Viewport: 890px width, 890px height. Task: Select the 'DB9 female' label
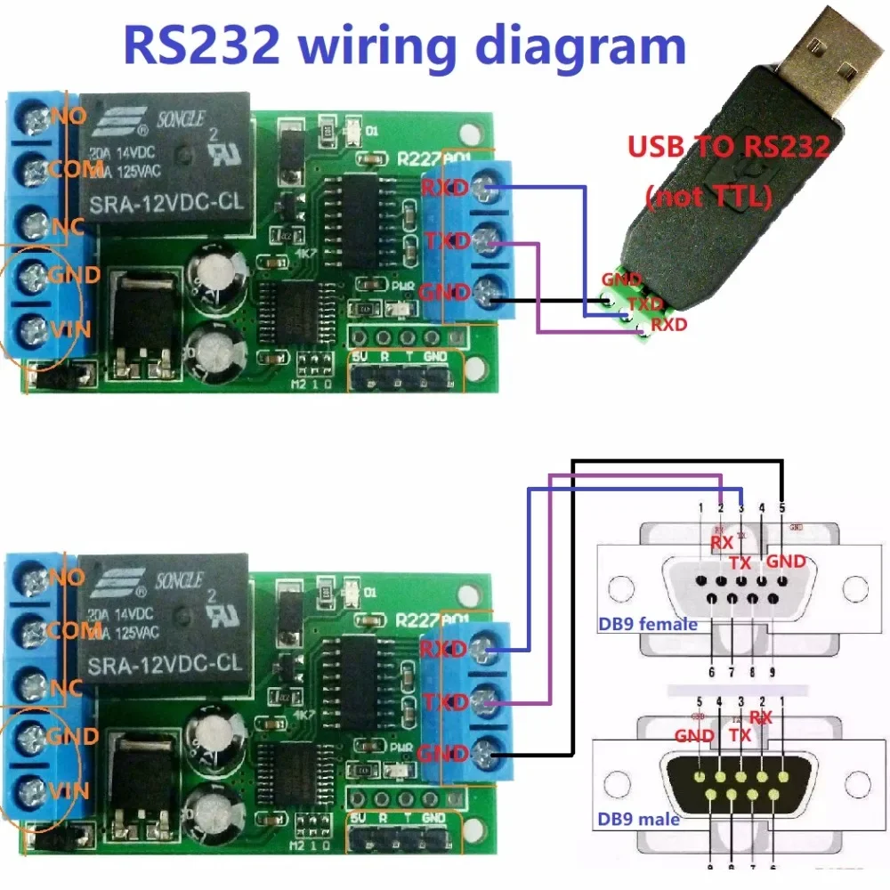click(647, 624)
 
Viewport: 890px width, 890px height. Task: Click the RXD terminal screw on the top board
click(484, 187)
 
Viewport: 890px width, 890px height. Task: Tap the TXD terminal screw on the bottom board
click(484, 700)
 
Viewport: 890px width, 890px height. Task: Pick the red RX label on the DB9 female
click(721, 541)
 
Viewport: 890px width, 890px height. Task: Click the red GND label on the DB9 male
click(694, 735)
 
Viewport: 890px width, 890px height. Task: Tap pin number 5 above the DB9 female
click(782, 507)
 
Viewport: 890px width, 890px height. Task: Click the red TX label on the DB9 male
click(740, 735)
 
